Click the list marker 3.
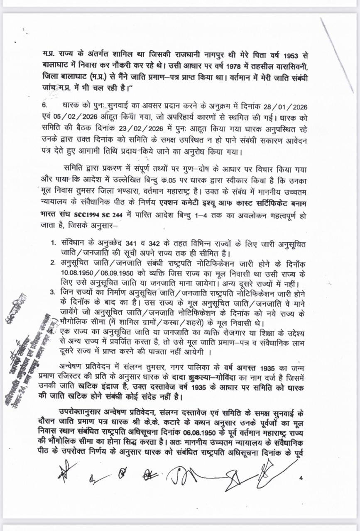point(53,292)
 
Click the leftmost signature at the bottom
point(66,472)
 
